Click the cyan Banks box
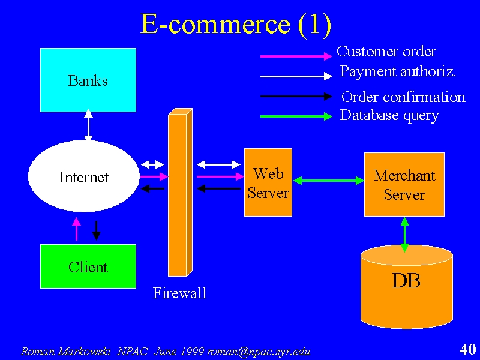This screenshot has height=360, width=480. [88, 80]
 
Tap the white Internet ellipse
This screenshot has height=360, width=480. [84, 176]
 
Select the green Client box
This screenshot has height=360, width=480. [88, 266]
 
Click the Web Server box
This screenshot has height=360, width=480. [268, 182]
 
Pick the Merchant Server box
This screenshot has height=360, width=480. [404, 185]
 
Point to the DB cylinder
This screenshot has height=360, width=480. [407, 287]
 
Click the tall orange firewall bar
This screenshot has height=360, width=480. [181, 192]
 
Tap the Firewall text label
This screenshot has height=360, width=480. [179, 293]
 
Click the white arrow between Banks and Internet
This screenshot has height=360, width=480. [88, 125]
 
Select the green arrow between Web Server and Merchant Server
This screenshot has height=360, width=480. [328, 181]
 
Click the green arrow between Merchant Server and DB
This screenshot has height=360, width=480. [404, 234]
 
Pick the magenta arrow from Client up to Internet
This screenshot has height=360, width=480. [77, 229]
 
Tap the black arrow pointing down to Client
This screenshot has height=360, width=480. [96, 230]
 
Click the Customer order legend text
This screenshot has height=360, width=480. [386, 52]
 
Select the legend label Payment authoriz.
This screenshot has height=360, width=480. [398, 72]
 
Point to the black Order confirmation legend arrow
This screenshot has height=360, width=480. [296, 97]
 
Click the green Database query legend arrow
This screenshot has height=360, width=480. [296, 116]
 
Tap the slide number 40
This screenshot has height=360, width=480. [468, 349]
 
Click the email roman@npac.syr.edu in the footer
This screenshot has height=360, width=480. [259, 352]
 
